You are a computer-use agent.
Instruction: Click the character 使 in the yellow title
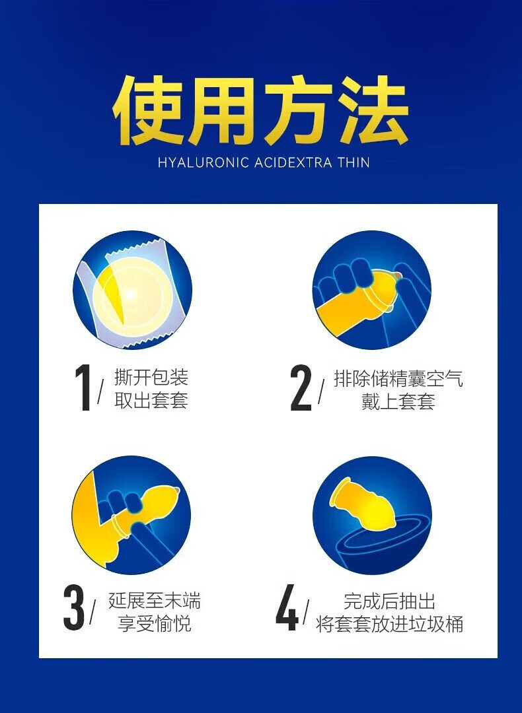[x=149, y=111]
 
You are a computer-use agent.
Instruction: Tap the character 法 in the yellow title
[x=373, y=111]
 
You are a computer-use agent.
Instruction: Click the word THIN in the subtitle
[x=354, y=162]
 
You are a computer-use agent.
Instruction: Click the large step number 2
[x=301, y=388]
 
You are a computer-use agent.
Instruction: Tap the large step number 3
[x=74, y=607]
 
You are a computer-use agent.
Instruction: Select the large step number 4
[x=287, y=607]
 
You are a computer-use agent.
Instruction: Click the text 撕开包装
[x=151, y=378]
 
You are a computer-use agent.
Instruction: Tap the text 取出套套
[x=151, y=401]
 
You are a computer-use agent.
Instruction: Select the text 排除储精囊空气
[x=398, y=378]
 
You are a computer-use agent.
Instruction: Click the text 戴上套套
[x=398, y=401]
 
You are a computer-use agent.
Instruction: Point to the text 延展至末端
[x=154, y=600]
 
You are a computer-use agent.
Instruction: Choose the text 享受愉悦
[x=154, y=623]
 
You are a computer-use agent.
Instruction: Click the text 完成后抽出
[x=390, y=601]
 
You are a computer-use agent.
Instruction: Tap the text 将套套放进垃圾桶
[x=390, y=624]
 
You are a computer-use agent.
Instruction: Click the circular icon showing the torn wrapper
[x=132, y=290]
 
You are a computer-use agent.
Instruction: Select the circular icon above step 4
[x=372, y=515]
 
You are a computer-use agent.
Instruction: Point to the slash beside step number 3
[x=93, y=611]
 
